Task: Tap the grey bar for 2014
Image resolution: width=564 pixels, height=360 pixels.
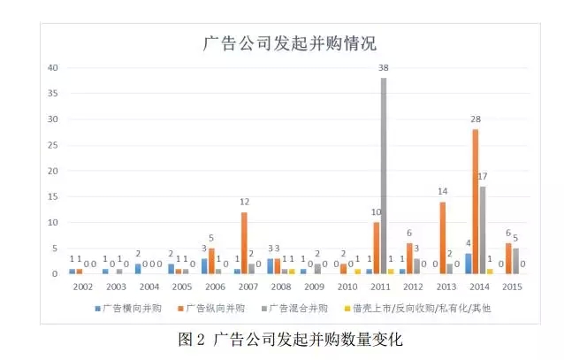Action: click(x=483, y=230)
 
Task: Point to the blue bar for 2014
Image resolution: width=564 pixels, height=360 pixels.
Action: click(x=468, y=264)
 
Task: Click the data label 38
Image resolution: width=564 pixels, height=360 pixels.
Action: click(x=384, y=69)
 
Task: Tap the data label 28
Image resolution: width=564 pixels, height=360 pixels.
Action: click(x=476, y=120)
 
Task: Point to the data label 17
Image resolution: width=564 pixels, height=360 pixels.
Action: click(x=484, y=177)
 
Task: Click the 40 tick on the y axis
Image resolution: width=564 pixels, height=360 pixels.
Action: click(x=53, y=68)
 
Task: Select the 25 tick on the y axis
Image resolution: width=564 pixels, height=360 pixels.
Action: click(x=53, y=145)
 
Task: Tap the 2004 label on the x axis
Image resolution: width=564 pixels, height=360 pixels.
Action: click(x=149, y=288)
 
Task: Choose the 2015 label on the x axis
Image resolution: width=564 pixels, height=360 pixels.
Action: click(x=512, y=288)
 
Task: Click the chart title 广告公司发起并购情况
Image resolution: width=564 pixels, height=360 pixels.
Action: click(x=282, y=42)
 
